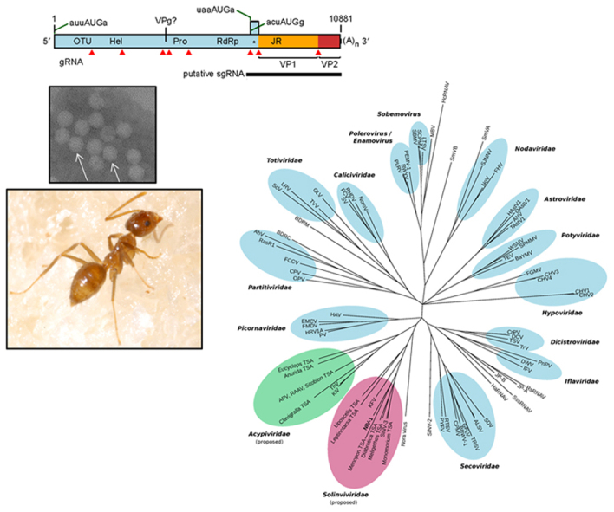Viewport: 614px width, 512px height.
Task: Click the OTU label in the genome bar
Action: [x=82, y=41]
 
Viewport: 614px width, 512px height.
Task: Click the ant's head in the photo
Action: [x=147, y=224]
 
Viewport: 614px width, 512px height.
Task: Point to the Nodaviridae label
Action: [x=526, y=148]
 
